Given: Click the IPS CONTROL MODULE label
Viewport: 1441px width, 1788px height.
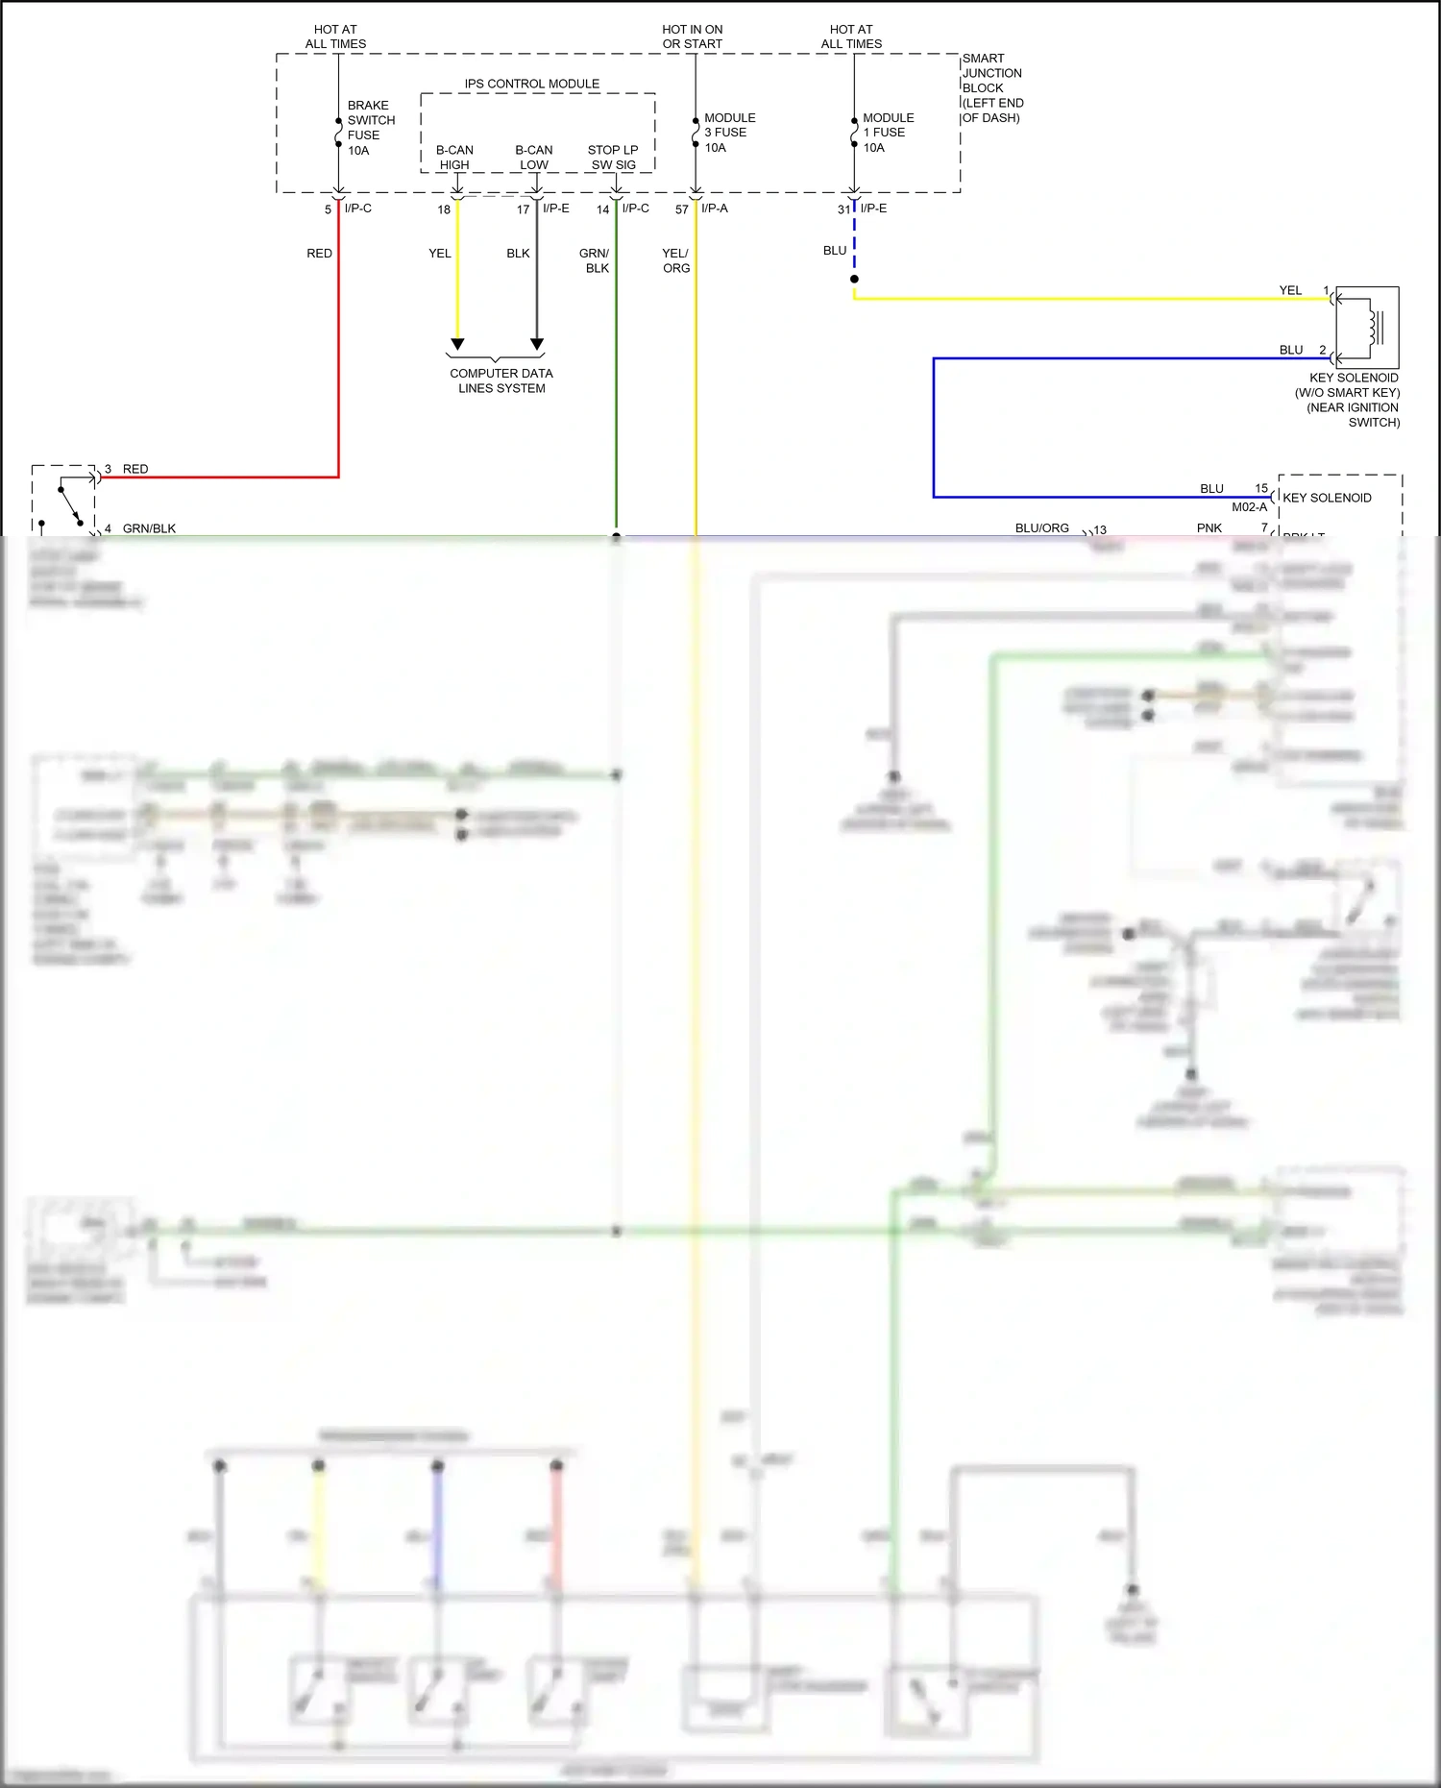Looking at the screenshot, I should [531, 85].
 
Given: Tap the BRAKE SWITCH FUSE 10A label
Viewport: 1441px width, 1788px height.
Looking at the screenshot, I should [370, 128].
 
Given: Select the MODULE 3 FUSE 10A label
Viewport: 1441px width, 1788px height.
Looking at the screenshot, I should [729, 133].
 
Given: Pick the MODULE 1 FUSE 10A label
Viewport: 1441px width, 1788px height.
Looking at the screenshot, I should [888, 133].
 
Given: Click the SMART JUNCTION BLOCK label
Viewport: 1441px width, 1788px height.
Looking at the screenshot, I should [992, 87].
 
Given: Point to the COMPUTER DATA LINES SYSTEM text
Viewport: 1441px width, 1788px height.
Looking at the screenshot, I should [501, 380].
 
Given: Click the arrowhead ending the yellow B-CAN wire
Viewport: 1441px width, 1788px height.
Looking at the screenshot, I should [457, 344].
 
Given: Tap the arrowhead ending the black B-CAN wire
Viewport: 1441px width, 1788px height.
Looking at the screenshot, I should [537, 344].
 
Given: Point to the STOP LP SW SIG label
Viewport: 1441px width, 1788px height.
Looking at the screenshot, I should [613, 158].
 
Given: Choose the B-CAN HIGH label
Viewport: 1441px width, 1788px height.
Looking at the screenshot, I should [454, 158].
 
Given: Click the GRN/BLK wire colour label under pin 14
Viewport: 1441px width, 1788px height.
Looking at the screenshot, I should [596, 260].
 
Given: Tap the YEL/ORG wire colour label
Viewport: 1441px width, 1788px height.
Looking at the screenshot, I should [675, 260].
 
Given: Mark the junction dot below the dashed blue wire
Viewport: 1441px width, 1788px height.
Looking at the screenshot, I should [854, 280].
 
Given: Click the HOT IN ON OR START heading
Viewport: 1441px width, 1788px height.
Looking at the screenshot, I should [692, 37].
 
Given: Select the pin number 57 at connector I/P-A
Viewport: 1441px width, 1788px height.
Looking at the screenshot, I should [681, 209].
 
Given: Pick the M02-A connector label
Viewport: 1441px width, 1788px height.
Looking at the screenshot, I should [1249, 507].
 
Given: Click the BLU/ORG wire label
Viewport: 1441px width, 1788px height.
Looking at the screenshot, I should [1041, 528].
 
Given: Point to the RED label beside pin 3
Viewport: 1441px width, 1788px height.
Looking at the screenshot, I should [135, 469].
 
